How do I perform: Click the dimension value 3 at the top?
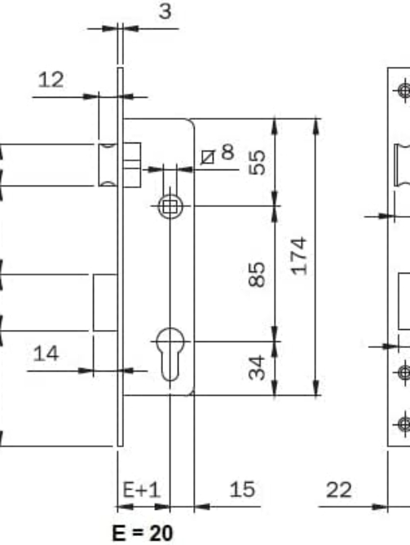click(165, 11)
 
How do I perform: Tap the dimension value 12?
click(51, 80)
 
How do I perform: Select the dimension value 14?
click(46, 354)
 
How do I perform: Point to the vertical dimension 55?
click(258, 162)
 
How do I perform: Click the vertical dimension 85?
click(257, 275)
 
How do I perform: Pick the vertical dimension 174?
click(299, 256)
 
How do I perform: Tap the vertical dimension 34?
click(258, 367)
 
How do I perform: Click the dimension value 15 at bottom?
click(242, 490)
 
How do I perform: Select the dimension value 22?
click(339, 490)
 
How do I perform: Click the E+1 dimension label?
click(142, 490)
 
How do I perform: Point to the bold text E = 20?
click(143, 533)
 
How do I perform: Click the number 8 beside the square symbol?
click(227, 152)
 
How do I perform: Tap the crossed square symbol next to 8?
click(208, 157)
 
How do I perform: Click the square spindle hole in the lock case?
click(170, 207)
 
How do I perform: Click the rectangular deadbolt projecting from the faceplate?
click(105, 302)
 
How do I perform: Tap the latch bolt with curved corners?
click(108, 165)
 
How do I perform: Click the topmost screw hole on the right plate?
click(404, 91)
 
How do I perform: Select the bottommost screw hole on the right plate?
click(404, 424)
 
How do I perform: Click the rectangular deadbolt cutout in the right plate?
click(404, 301)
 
